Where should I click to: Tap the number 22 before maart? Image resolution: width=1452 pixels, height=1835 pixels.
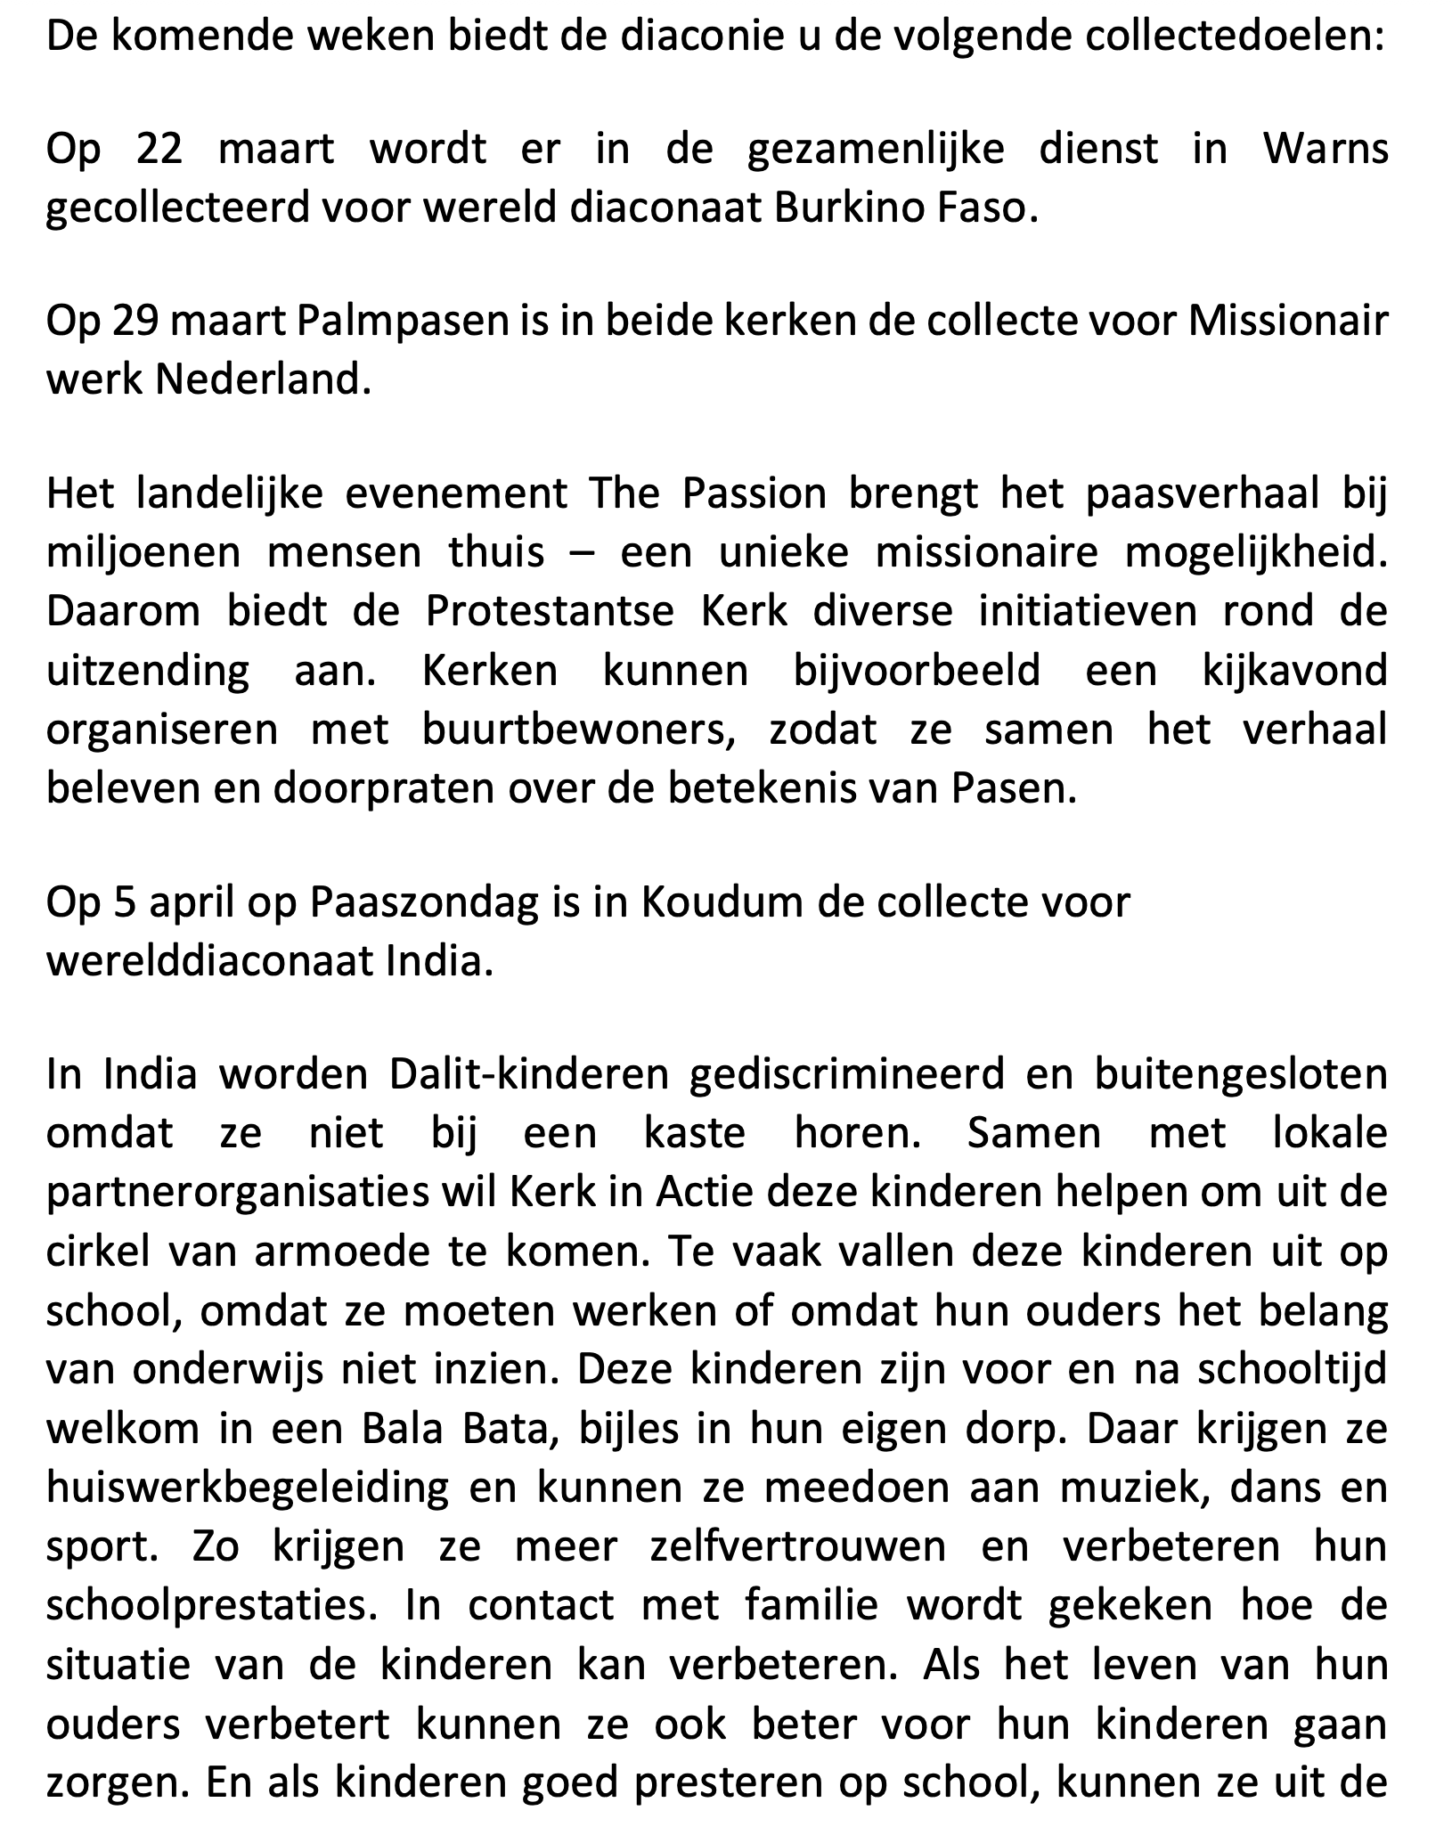[x=159, y=150]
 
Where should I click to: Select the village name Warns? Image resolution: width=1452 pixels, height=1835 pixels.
[x=1326, y=150]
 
